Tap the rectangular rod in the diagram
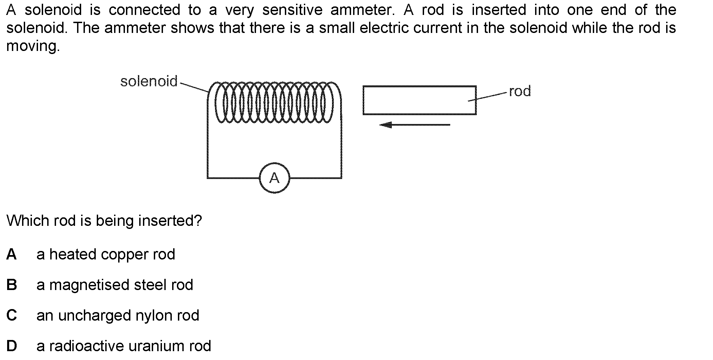419,100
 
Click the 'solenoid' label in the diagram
149,82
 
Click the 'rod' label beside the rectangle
520,91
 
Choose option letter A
12,254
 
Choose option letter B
12,285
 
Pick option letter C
12,316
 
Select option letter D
12,346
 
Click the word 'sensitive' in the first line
292,10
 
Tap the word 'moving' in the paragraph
33,46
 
